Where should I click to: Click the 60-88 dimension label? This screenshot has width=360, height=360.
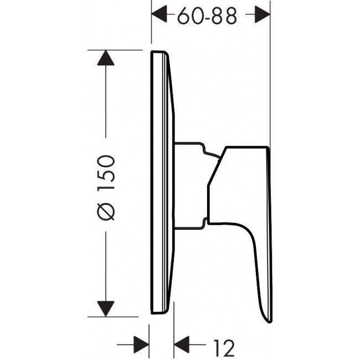pos(207,16)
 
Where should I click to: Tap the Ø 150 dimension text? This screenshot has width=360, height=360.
pos(106,188)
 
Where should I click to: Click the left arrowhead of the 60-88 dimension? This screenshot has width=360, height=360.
pos(159,14)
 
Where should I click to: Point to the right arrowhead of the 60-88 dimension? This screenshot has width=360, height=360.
pos(263,14)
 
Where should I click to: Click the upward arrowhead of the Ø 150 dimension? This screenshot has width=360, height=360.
pos(106,58)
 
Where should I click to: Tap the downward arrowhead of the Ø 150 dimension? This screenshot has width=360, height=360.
pos(106,309)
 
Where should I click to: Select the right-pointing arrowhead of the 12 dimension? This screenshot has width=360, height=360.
pos(141,344)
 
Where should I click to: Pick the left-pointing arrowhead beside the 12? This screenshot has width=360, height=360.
pos(182,344)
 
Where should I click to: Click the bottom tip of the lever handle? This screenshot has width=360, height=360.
pos(270,322)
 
